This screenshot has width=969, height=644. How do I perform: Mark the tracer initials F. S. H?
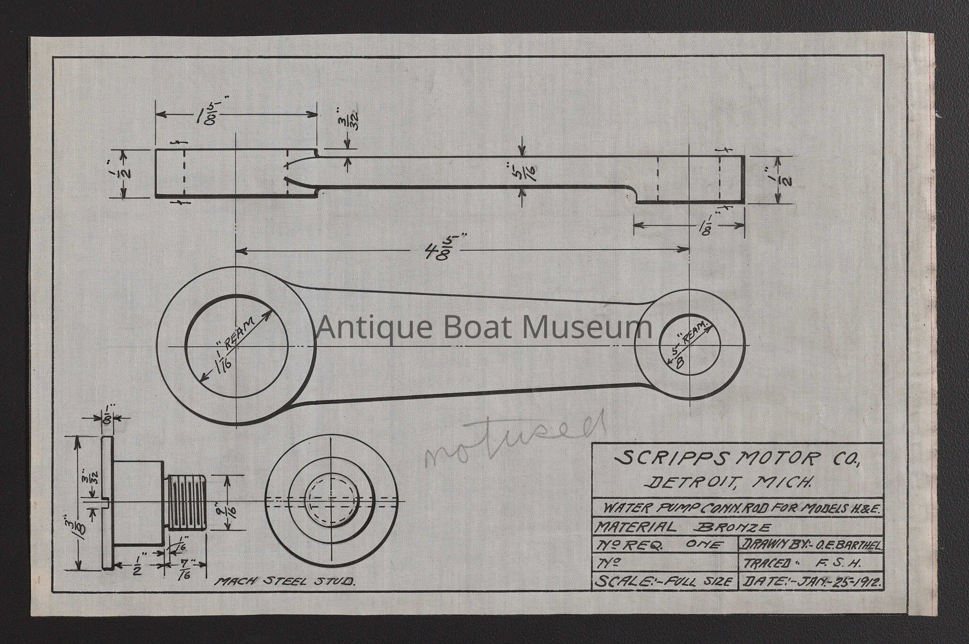[845, 564]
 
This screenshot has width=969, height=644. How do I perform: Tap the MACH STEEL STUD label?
[286, 582]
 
